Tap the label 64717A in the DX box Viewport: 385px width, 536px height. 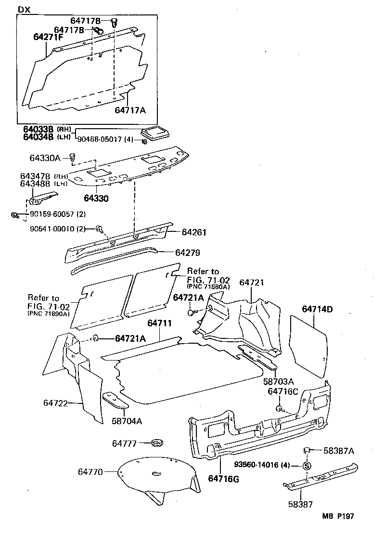coord(130,110)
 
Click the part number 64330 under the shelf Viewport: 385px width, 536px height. coord(96,198)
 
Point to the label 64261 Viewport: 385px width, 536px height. coord(194,232)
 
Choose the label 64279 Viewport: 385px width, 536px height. coord(187,252)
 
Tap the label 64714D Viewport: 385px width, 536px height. coord(317,309)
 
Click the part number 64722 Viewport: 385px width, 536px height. coord(55,402)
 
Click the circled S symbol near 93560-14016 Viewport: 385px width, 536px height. coord(307,466)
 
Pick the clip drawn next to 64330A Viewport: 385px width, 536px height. coord(73,157)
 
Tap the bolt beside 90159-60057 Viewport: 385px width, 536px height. coord(15,215)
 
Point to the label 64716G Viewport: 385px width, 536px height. coord(223,479)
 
